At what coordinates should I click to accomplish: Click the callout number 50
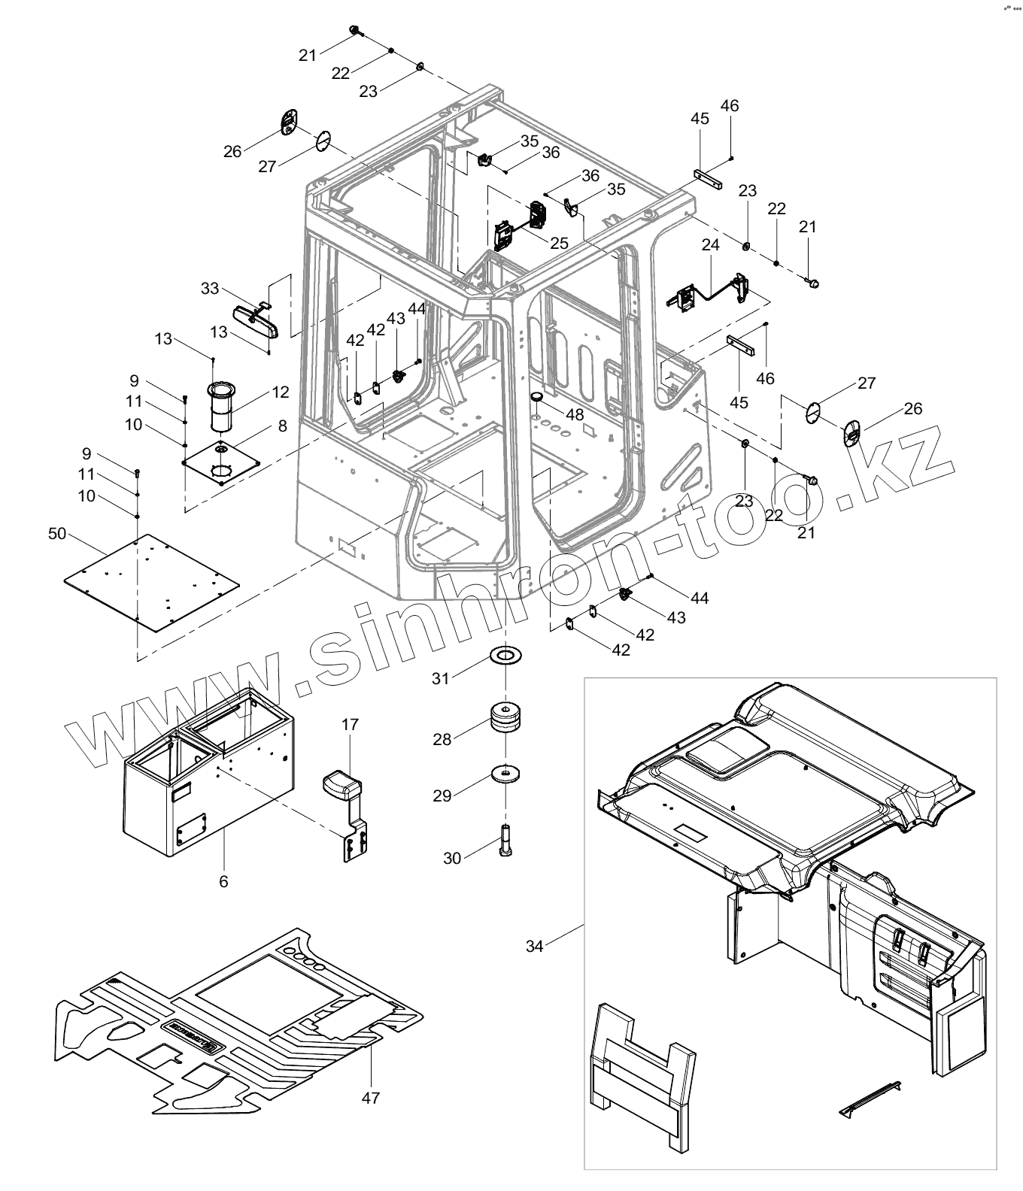[57, 533]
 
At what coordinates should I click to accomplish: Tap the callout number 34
[534, 946]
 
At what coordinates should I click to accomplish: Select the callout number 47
[370, 1097]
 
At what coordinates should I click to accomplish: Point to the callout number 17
[350, 725]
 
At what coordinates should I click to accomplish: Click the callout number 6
[223, 881]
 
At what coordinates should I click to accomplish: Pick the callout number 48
[575, 414]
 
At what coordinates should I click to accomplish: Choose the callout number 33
[210, 288]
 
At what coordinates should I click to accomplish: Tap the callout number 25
[559, 243]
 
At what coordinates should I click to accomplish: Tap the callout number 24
[711, 244]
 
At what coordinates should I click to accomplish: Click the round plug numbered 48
[536, 396]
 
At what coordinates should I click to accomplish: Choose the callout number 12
[281, 392]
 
